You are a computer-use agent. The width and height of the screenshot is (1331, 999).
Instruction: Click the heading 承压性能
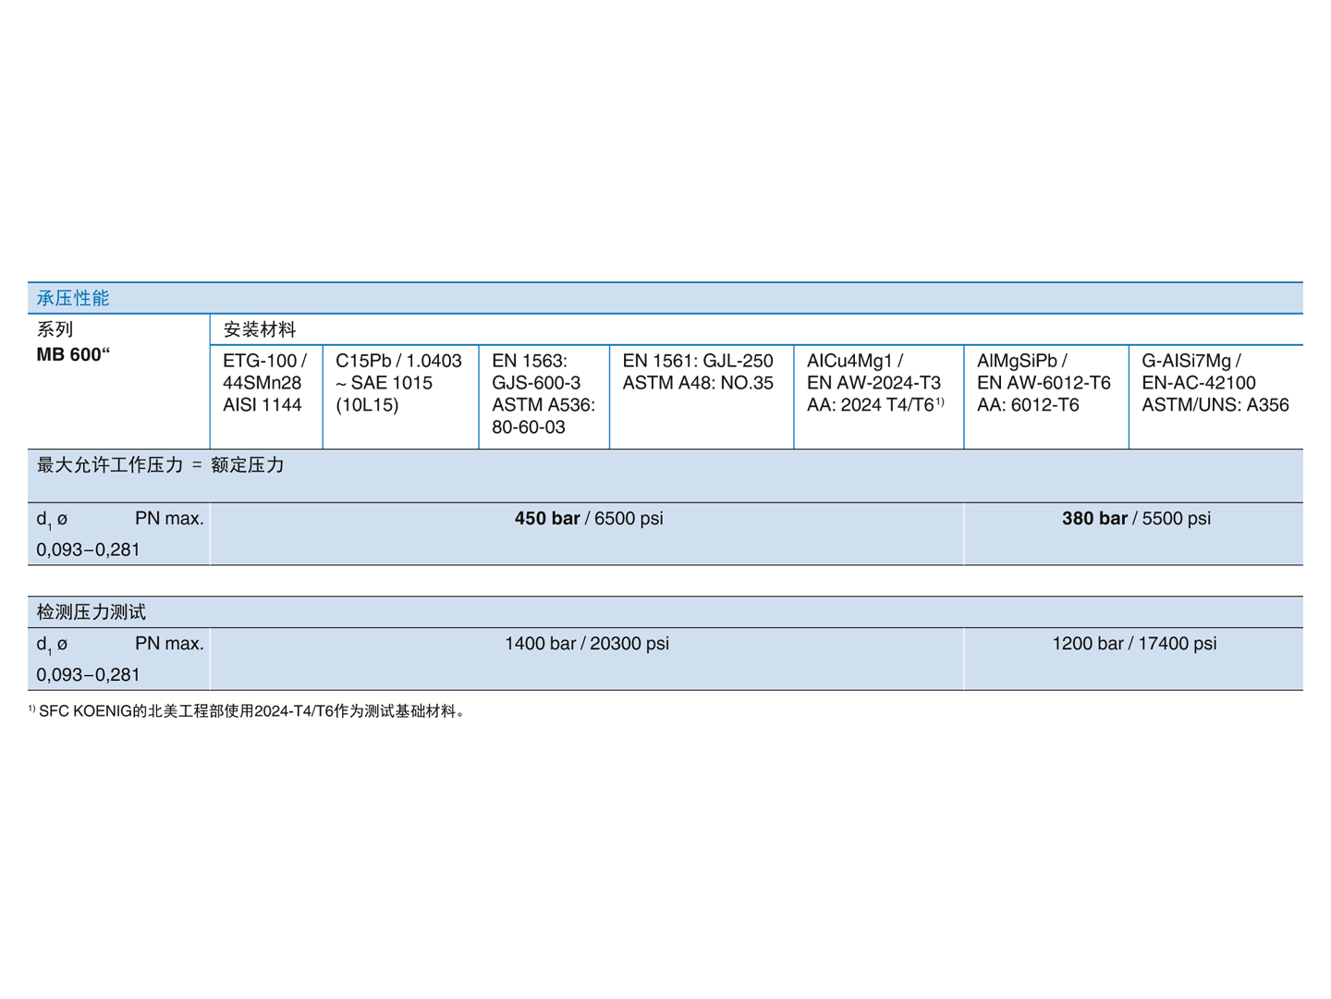coord(73,298)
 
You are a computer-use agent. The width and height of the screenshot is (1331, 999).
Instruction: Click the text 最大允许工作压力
coord(110,464)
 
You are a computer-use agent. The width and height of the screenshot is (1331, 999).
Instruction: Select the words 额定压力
coord(247,464)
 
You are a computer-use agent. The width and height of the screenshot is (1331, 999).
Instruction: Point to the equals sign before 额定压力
coord(196,465)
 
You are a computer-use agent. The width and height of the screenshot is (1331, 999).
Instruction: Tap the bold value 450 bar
coord(547,518)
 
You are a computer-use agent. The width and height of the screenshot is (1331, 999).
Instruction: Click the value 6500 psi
coord(629,518)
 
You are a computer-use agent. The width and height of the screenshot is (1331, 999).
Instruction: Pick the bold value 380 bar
coord(1094,518)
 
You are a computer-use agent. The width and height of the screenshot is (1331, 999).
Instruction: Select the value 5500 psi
coord(1177,518)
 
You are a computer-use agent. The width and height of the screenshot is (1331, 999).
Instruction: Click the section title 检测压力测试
coord(92,611)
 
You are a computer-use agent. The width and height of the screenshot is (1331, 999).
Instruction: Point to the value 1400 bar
coord(540,643)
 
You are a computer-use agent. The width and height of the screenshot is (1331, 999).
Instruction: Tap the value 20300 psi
coord(629,643)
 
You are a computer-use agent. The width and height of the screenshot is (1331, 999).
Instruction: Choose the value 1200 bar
coord(1087,643)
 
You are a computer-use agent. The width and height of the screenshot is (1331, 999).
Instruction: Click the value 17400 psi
coord(1178,643)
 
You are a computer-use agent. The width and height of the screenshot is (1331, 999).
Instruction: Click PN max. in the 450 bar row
coord(169,518)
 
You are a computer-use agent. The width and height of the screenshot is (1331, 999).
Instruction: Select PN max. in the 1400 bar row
coord(169,643)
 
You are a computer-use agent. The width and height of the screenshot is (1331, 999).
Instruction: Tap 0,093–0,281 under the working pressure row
coord(89,549)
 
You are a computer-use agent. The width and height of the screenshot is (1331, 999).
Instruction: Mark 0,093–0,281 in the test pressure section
coord(89,674)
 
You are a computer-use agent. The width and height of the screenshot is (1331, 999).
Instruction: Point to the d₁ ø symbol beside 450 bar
coord(52,520)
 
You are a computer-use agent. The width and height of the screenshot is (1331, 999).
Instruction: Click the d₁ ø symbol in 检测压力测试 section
coord(52,645)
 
